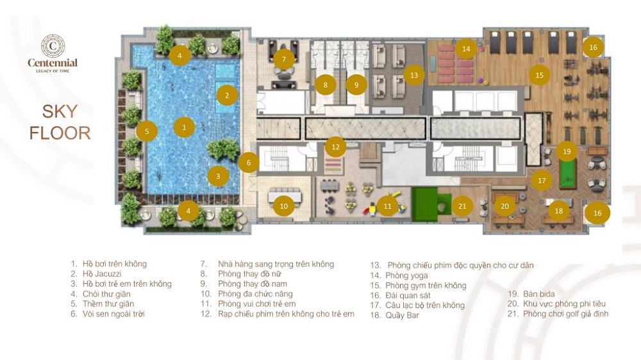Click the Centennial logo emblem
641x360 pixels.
point(53,45)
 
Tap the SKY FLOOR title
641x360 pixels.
point(60,122)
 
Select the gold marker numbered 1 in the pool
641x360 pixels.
point(184,127)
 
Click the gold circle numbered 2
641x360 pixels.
point(227,95)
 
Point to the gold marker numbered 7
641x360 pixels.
point(284,60)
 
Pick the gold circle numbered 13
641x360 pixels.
point(414,75)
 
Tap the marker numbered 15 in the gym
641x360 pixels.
point(539,75)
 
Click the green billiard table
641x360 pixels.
point(567,173)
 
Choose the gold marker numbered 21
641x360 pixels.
point(462,206)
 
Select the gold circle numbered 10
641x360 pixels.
point(284,206)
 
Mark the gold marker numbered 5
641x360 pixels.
point(147,131)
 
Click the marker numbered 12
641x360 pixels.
point(336,147)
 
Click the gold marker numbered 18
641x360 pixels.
point(559,211)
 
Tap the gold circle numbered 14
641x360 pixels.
point(467,49)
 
